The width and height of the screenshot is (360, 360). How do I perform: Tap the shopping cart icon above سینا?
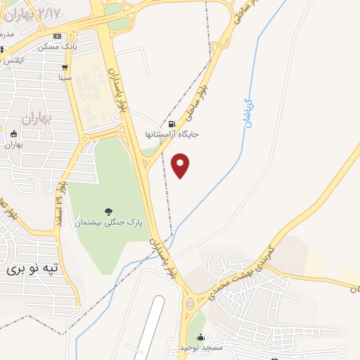pyautogui.click(x=65, y=68)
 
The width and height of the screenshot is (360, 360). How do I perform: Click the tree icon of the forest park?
pyautogui.click(x=108, y=211)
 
